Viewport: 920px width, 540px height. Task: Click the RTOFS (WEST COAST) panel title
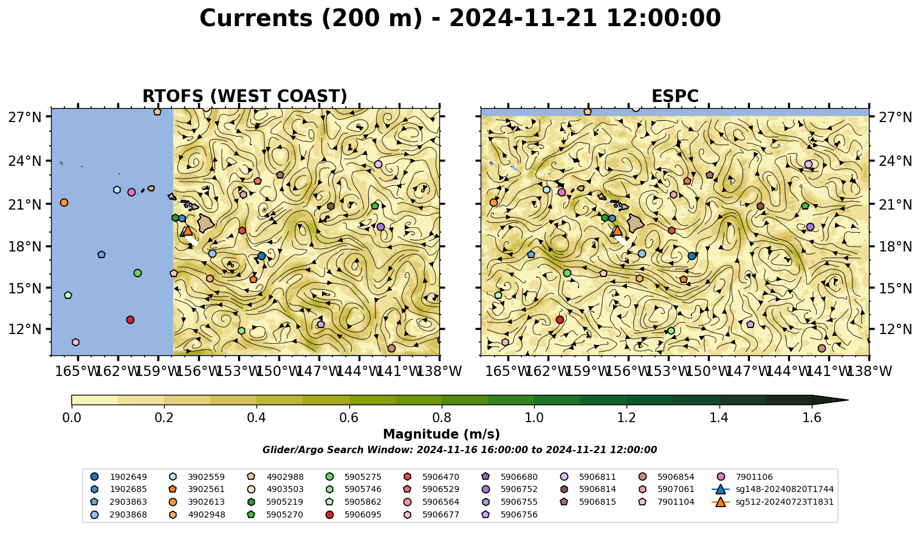(x=245, y=96)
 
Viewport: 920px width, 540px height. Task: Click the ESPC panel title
(x=675, y=96)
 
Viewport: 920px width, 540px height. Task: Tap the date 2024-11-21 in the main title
(x=523, y=18)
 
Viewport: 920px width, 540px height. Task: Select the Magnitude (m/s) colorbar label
(x=442, y=434)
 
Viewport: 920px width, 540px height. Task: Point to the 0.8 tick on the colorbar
(x=442, y=418)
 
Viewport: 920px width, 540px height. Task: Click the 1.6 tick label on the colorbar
(x=812, y=418)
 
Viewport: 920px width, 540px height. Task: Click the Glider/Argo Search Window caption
(x=459, y=449)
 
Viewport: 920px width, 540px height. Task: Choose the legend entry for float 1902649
(x=118, y=477)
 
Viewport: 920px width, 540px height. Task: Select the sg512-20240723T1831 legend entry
(x=772, y=502)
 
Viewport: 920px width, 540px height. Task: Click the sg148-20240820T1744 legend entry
(x=772, y=489)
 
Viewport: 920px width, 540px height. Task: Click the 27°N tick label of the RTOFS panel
(x=25, y=117)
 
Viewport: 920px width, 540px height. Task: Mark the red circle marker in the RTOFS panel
(x=130, y=320)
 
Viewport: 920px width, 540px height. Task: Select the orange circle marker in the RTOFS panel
(x=64, y=202)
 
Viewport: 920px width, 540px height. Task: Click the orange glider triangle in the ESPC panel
(x=617, y=230)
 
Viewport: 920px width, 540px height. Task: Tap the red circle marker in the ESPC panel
(x=560, y=320)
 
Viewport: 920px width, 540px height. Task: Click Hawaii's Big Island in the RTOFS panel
(x=206, y=223)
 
